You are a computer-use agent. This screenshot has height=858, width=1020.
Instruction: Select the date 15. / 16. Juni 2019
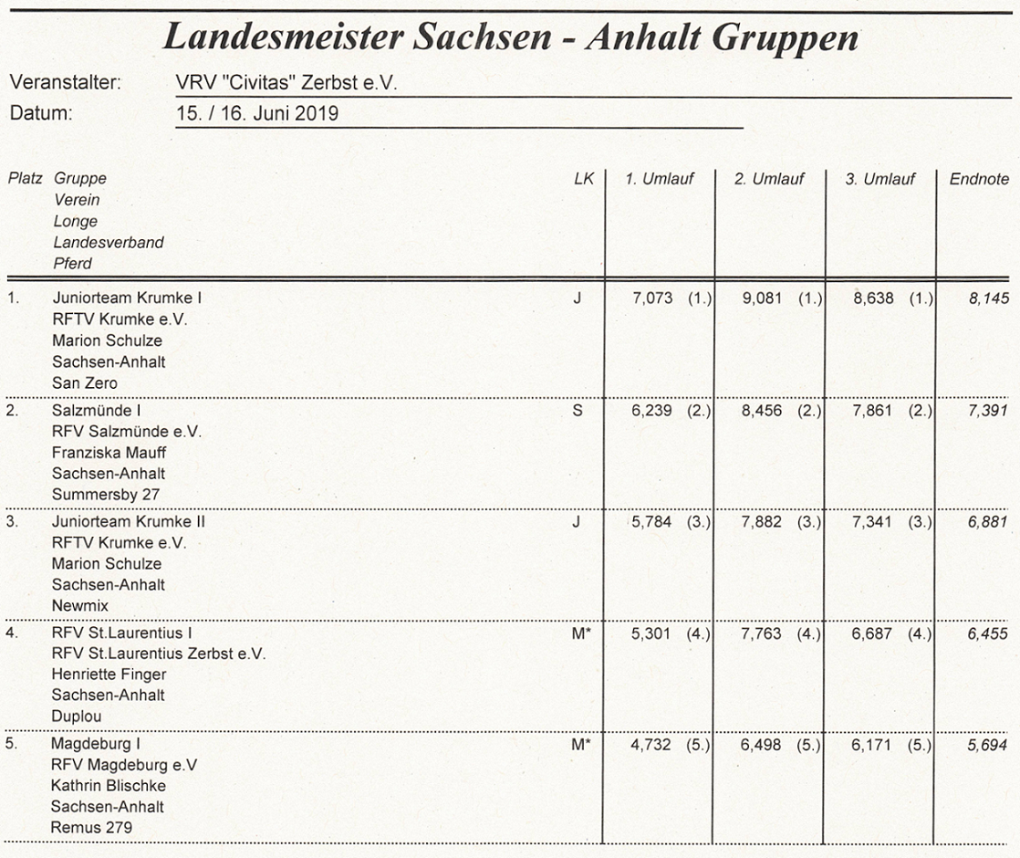coord(257,115)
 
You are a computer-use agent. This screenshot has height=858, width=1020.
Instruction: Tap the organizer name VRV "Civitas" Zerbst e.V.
coord(286,83)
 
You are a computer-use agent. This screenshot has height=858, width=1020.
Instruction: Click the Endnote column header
coord(979,179)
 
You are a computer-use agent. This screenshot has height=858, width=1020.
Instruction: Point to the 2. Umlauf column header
coord(769,179)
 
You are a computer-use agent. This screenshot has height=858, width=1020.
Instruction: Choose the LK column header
coord(583,179)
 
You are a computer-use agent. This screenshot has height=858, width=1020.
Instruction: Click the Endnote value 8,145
coord(989,298)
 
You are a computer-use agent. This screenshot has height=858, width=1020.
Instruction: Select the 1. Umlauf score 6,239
coord(651,411)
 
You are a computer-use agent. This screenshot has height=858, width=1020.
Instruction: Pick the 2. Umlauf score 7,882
coord(762,522)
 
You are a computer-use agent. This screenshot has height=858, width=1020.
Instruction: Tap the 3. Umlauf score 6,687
coord(872,633)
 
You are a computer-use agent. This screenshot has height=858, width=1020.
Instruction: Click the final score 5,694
coord(989,746)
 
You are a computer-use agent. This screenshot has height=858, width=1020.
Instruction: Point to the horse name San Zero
coord(85,383)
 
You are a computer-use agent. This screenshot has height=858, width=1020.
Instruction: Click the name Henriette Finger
coord(109,675)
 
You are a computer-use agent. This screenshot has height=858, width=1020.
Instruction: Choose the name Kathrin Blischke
coord(109,786)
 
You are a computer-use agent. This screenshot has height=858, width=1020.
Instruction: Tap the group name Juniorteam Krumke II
coord(129,522)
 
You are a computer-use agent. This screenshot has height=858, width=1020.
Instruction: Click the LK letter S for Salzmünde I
coord(577,411)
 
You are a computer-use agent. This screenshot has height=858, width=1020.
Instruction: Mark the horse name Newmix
coord(79,606)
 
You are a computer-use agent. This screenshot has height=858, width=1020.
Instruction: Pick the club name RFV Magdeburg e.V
coord(124,765)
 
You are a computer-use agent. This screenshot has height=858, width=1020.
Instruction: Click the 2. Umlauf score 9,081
coord(762,298)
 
